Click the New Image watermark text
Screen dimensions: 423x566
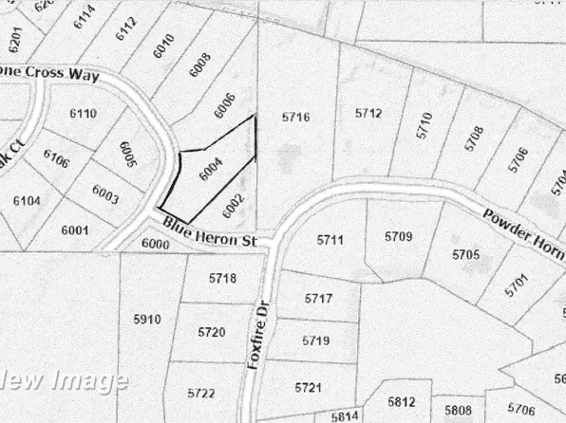64,381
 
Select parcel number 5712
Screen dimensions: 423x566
368,114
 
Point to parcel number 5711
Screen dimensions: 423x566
329,240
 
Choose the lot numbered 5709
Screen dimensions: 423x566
398,235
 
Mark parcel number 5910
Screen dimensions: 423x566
147,320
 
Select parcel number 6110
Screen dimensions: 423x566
83,114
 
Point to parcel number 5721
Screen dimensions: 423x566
310,387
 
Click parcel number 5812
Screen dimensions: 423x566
402,400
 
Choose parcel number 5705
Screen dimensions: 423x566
465,254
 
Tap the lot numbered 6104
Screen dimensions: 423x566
27,200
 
